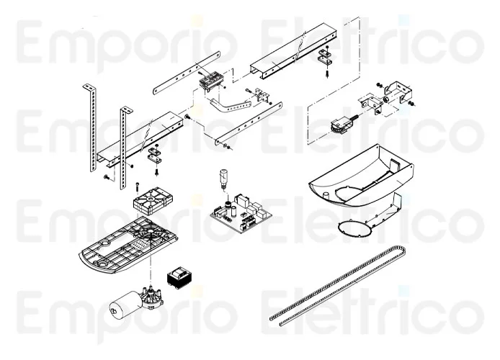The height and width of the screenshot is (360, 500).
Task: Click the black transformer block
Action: pyautogui.click(x=179, y=278)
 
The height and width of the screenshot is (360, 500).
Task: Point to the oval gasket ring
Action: pyautogui.click(x=355, y=229)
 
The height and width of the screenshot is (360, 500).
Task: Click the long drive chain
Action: pyautogui.click(x=338, y=285)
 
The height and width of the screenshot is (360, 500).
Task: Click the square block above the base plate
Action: pyautogui.click(x=153, y=201)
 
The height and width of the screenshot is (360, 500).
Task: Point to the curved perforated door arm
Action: pyautogui.click(x=230, y=105)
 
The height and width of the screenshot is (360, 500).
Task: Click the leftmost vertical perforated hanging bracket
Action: pyautogui.click(x=91, y=127)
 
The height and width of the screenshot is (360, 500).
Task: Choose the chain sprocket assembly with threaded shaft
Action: pyautogui.click(x=344, y=125)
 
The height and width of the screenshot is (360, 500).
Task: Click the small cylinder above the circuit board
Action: pyautogui.click(x=223, y=179)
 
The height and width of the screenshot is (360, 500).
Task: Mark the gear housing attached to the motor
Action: pyautogui.click(x=153, y=297)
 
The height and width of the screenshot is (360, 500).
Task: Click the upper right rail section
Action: pyautogui.click(x=293, y=50)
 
